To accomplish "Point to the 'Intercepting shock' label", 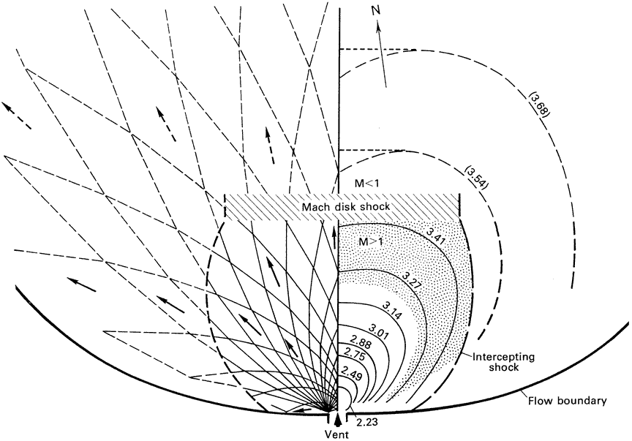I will pos(494,361).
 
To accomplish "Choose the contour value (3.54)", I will pos(477,178).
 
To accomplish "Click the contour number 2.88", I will pos(358,342).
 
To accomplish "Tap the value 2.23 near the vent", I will pos(366,422).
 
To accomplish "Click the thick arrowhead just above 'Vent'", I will pos(336,419).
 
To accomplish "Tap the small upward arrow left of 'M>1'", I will pos(334,235).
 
